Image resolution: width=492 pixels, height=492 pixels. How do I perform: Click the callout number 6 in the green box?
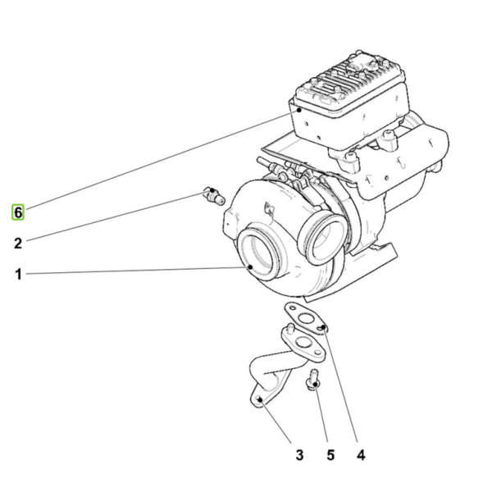coord(18,212)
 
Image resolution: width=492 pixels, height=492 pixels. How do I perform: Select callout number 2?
coord(18,244)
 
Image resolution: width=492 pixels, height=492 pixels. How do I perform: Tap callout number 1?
coord(18,274)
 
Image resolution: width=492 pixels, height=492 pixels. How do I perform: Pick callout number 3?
coord(299,455)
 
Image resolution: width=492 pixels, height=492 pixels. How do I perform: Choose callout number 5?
coord(330,455)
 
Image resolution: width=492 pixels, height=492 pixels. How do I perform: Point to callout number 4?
coord(361,455)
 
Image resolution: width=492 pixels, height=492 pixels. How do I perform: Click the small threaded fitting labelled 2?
coord(214,195)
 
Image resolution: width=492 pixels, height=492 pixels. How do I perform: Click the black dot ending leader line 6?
coord(299,110)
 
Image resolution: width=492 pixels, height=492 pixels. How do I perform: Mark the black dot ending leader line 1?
coord(250,267)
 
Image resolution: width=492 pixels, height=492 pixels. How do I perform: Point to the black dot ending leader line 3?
coord(260,399)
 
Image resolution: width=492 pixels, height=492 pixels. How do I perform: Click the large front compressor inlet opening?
coord(258,253)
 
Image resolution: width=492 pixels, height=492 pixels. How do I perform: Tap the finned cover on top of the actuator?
coord(350,82)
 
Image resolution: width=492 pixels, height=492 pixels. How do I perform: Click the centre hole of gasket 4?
coord(305,319)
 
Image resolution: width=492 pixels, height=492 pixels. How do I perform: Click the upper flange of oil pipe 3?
coord(303,344)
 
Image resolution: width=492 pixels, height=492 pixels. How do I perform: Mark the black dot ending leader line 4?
coord(324,327)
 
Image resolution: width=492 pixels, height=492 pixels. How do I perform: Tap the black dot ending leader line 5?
coord(316,385)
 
